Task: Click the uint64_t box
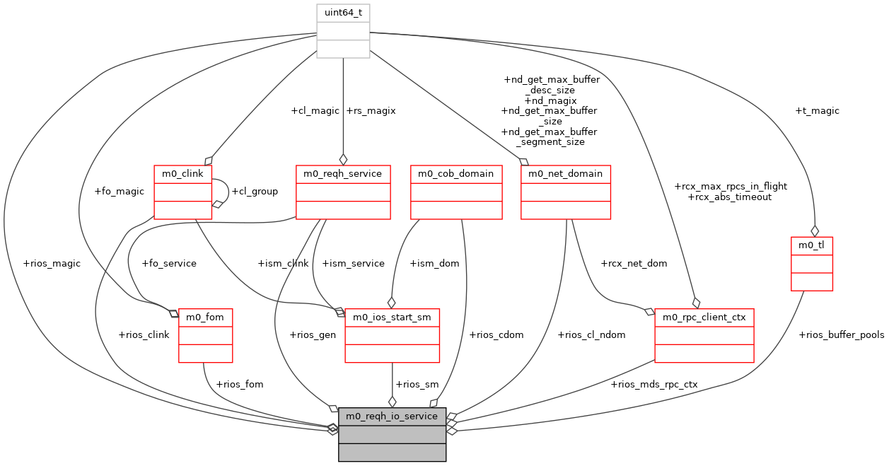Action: coord(343,31)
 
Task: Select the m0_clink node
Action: coord(182,192)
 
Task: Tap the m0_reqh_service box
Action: coord(342,192)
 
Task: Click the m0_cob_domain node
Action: coord(456,192)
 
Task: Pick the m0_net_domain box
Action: coord(565,192)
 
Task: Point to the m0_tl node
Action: coord(811,264)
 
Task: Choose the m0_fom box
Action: coord(204,335)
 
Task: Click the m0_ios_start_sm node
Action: coord(392,335)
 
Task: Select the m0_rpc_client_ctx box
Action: coord(704,335)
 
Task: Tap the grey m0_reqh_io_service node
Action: coord(392,434)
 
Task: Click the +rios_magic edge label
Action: coord(52,263)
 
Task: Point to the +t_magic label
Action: coord(817,110)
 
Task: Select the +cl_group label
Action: coord(255,191)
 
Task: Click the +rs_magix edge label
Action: coord(371,110)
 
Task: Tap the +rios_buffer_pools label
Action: coord(841,334)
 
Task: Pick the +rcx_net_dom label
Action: coord(633,263)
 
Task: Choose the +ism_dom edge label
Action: coord(434,263)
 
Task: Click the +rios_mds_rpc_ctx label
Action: coord(653,384)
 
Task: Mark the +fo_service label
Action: coord(169,263)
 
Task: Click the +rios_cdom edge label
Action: coord(496,334)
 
